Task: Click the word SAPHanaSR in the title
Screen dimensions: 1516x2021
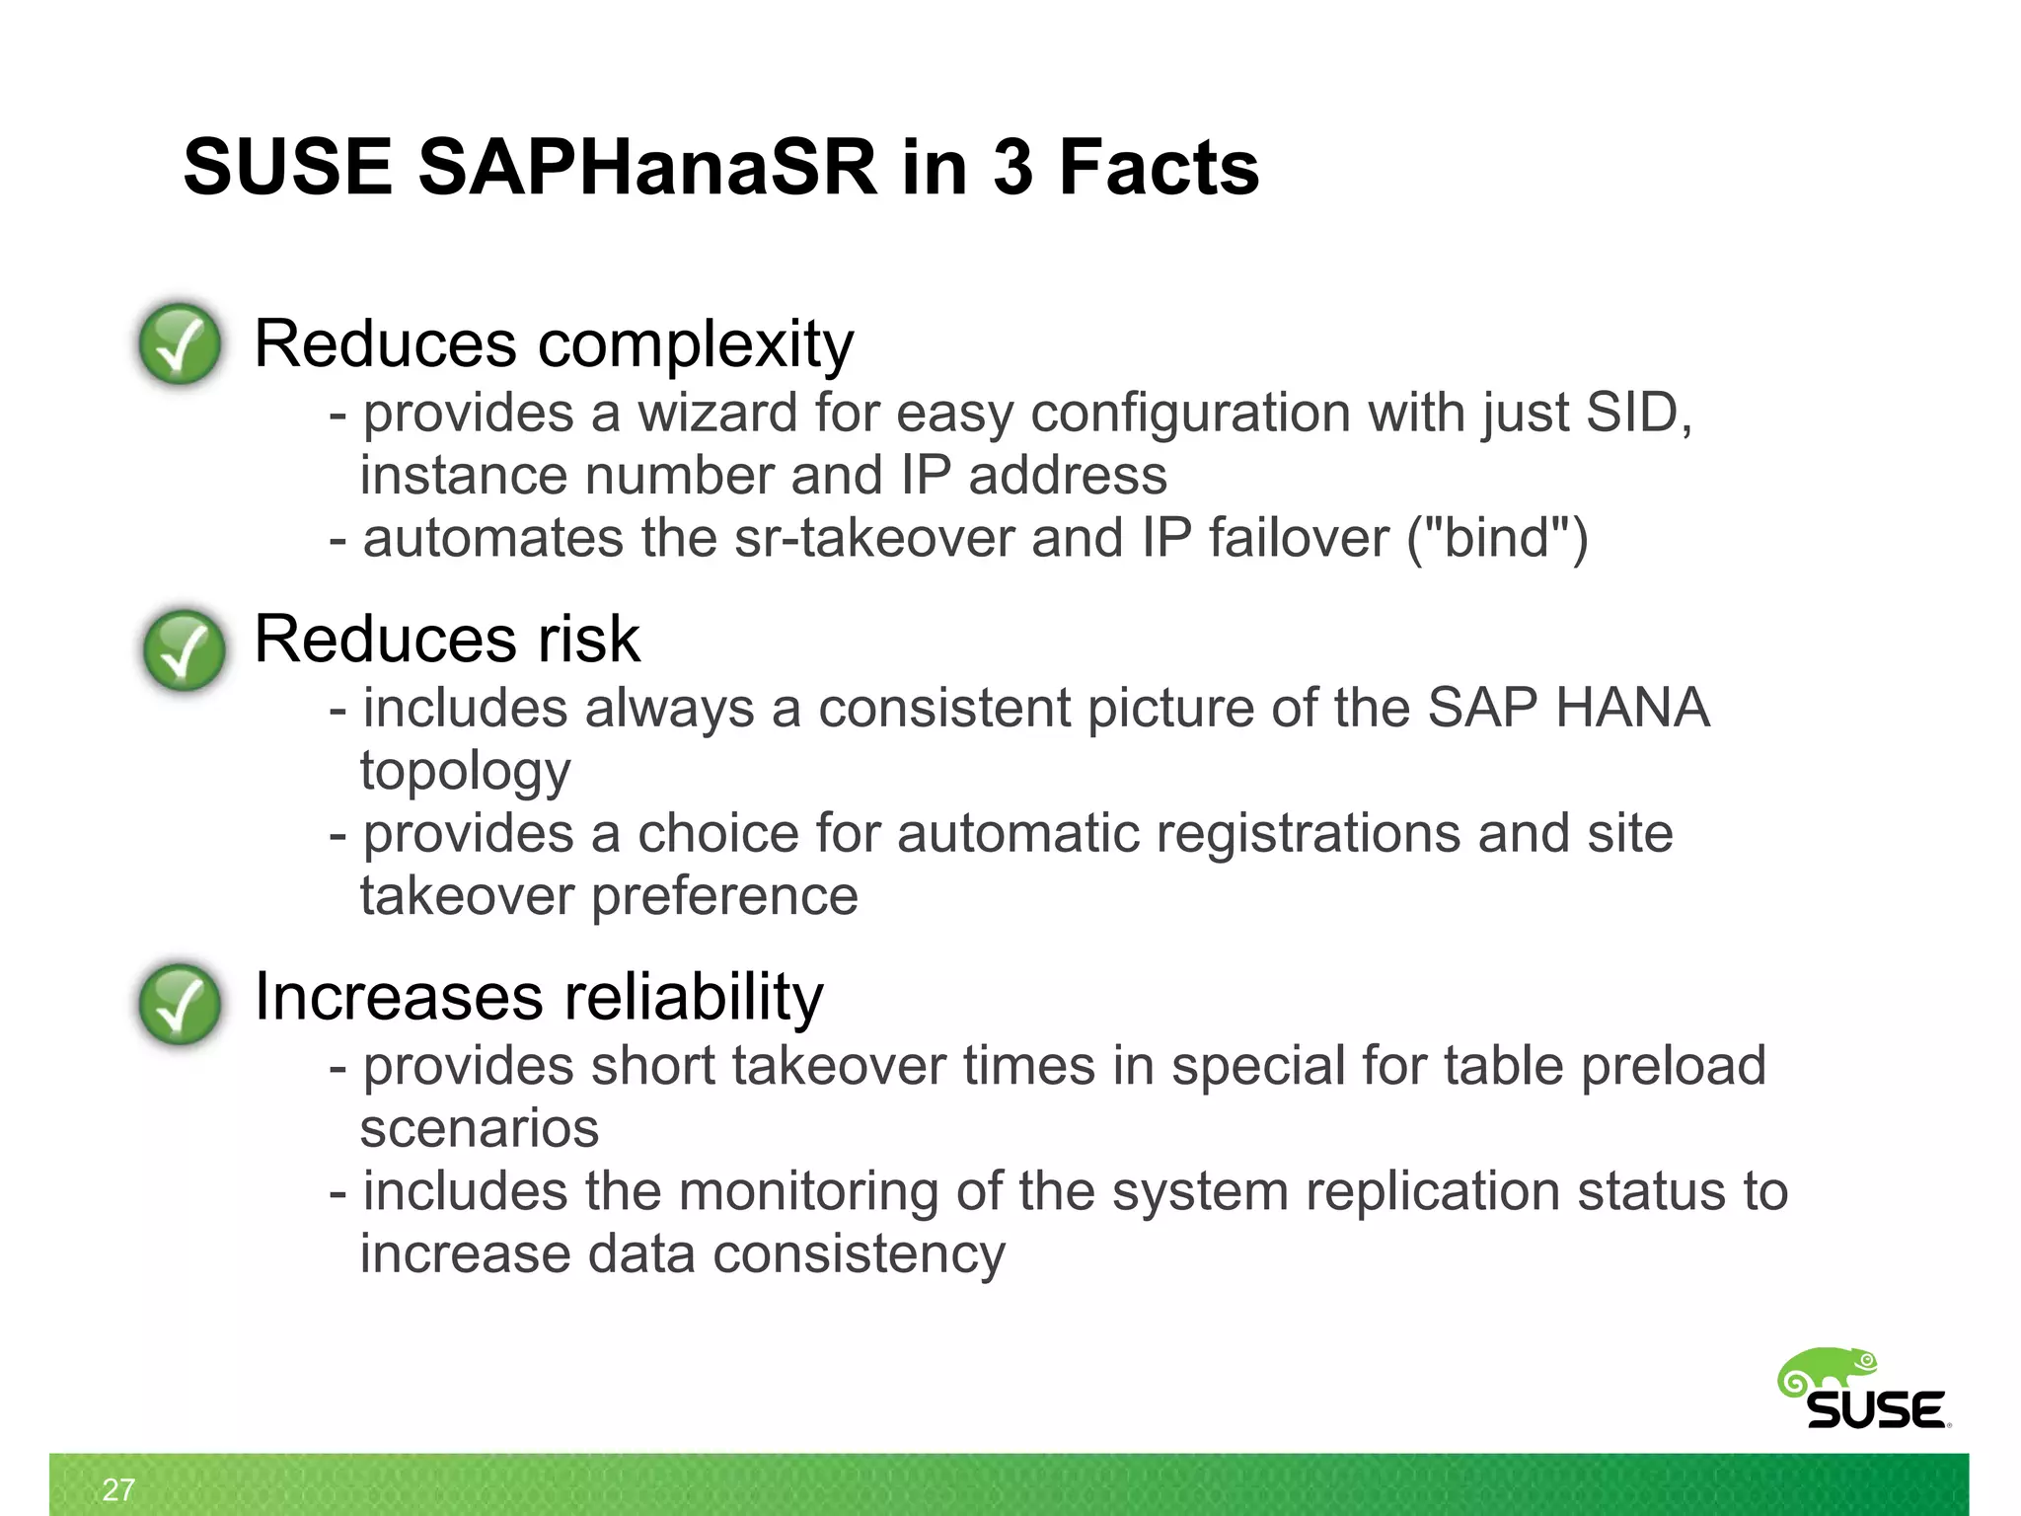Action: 646,168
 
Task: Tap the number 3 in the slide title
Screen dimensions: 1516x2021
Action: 1011,168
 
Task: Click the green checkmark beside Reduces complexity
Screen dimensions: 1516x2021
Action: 180,343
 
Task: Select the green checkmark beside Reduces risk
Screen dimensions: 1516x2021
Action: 184,649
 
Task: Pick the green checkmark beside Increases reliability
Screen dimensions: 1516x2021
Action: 180,1004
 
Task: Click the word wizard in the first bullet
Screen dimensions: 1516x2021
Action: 717,413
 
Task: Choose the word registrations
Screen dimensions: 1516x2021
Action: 1308,834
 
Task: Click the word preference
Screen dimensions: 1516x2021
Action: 724,897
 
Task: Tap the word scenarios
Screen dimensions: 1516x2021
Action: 480,1129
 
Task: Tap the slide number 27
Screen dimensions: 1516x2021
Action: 118,1489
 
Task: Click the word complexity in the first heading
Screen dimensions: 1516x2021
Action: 695,345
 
